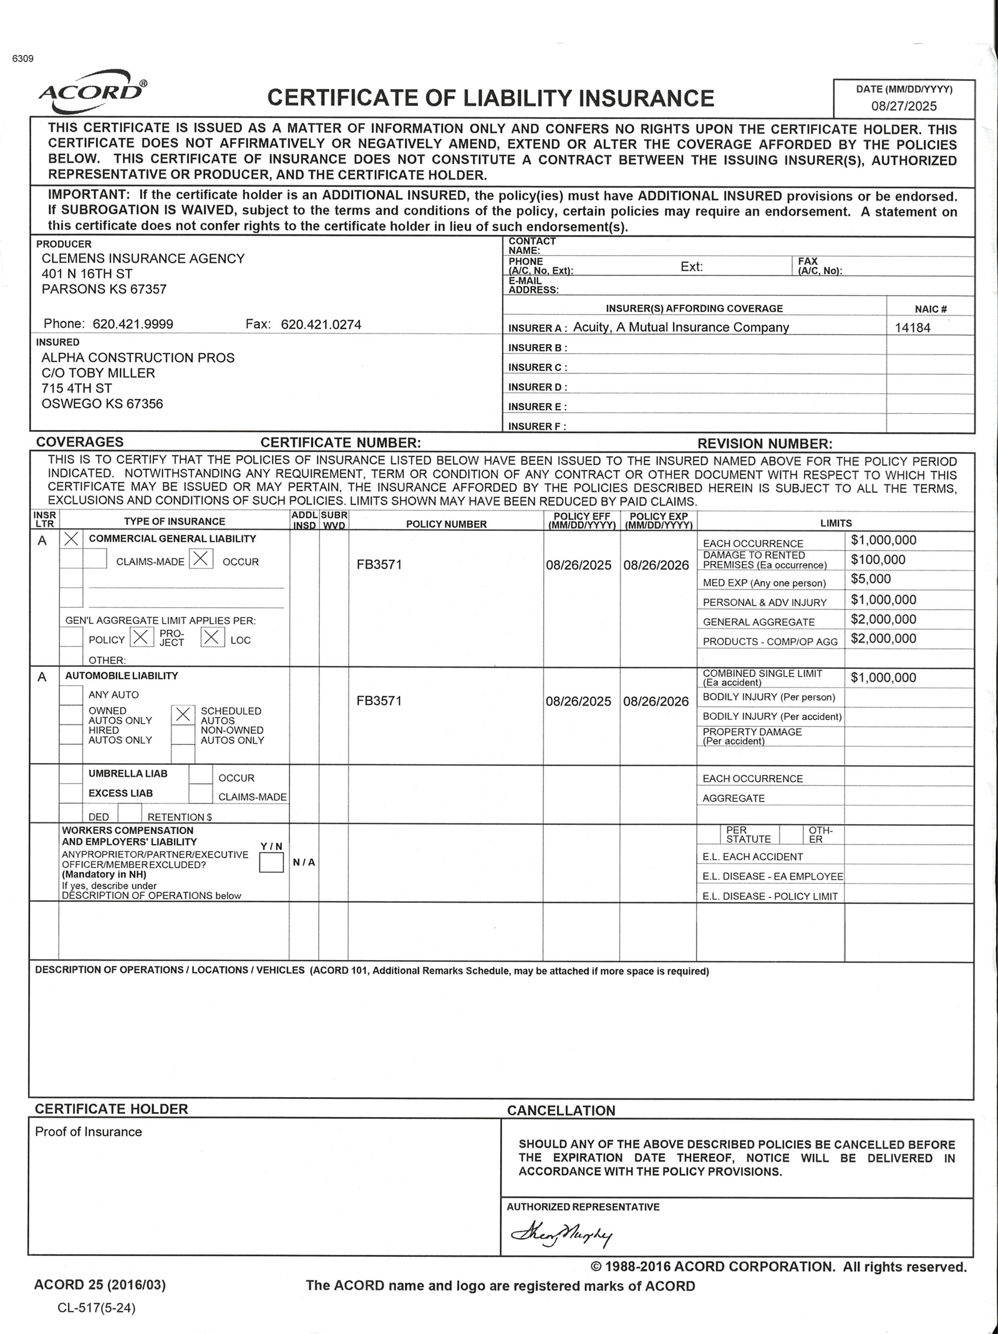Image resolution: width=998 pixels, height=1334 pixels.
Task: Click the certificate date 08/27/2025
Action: point(904,106)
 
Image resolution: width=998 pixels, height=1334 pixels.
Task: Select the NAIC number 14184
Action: point(912,328)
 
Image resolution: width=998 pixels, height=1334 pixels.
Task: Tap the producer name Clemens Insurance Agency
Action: point(143,258)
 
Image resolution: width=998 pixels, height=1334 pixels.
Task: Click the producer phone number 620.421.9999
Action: point(133,324)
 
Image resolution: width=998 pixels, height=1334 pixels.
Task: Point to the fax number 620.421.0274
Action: point(321,324)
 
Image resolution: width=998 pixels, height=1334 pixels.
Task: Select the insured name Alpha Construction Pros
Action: point(138,358)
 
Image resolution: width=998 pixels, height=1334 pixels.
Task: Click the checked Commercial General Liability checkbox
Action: point(72,539)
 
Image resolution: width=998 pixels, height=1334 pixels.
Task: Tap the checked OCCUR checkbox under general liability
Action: point(201,559)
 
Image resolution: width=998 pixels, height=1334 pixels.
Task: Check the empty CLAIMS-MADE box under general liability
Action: point(95,559)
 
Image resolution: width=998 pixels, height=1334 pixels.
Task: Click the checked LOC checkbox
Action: point(213,637)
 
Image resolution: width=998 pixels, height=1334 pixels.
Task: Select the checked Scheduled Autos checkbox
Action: point(183,715)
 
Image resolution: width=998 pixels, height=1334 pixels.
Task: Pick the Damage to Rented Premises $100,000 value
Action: point(878,560)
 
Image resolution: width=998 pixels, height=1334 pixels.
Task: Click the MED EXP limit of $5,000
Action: point(871,579)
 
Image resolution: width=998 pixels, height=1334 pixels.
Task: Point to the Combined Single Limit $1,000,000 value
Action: point(883,678)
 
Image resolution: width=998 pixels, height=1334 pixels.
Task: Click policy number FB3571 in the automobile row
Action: point(379,701)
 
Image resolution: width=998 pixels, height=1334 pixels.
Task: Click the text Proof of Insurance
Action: point(88,1132)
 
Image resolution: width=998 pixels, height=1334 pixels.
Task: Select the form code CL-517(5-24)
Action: point(96,1308)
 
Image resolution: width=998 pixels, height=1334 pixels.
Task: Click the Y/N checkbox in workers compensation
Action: point(271,863)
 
